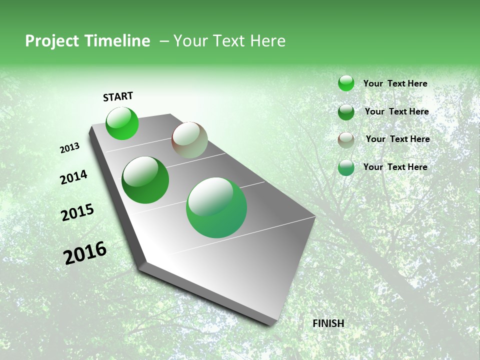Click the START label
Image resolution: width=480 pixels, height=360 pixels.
118,96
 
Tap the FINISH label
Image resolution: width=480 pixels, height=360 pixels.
328,323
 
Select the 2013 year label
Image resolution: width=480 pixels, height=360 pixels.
69,148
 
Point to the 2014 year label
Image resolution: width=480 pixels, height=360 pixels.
73,177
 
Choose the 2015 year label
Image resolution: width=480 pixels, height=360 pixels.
77,212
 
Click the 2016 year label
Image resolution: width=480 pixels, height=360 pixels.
85,253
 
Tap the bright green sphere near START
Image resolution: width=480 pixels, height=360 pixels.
122,123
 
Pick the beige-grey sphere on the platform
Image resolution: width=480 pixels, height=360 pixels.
189,140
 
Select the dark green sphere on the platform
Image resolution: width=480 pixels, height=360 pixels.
145,180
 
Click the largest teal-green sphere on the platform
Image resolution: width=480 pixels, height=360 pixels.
216,207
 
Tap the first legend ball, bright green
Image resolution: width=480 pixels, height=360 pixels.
346,83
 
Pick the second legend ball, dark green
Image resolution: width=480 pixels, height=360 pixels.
346,112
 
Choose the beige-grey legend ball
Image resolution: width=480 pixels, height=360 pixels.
346,140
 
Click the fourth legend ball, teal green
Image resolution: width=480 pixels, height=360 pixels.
346,167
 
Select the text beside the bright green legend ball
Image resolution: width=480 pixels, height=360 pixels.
395,83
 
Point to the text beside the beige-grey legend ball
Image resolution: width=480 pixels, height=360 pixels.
397,139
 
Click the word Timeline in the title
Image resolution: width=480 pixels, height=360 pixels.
117,41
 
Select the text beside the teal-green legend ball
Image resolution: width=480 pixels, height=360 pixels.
395,167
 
